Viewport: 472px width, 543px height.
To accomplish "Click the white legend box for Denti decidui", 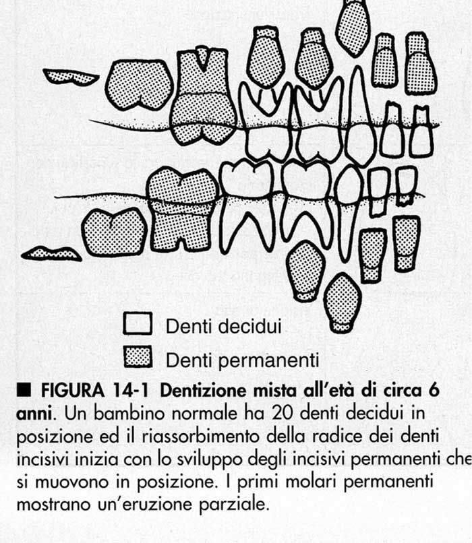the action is [138, 323].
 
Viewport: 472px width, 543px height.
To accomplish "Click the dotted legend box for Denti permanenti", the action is [138, 356].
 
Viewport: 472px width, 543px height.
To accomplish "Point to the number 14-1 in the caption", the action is [130, 391].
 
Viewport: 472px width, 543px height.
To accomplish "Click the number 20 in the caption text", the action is [283, 413].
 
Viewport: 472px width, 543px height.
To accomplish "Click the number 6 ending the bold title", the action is [434, 391].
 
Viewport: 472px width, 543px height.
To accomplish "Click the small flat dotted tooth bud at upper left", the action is [71, 77].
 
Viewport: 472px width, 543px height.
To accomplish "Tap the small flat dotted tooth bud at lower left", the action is [52, 254].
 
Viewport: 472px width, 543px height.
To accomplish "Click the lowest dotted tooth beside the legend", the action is [343, 302].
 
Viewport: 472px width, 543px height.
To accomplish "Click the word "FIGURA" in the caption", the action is [73, 391].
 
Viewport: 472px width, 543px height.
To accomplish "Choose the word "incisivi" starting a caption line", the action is [44, 459].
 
